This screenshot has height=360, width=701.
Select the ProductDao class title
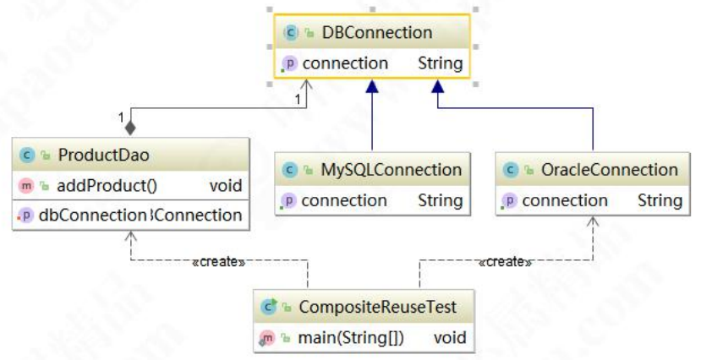pos(91,155)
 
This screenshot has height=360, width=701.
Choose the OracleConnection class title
pos(610,170)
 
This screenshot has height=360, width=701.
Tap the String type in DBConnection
pos(440,63)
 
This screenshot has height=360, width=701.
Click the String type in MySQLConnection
pos(440,200)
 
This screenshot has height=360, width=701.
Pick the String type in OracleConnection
pos(660,200)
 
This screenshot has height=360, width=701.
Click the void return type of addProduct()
pos(225,186)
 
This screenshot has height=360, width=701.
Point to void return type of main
pos(450,338)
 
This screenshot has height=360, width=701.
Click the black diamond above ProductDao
pos(130,128)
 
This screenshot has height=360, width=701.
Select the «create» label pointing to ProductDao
pos(218,262)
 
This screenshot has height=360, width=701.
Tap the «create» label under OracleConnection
pos(505,262)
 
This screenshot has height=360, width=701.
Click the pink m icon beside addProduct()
pos(26,186)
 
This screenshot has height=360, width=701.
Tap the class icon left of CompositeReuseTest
pos(269,308)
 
